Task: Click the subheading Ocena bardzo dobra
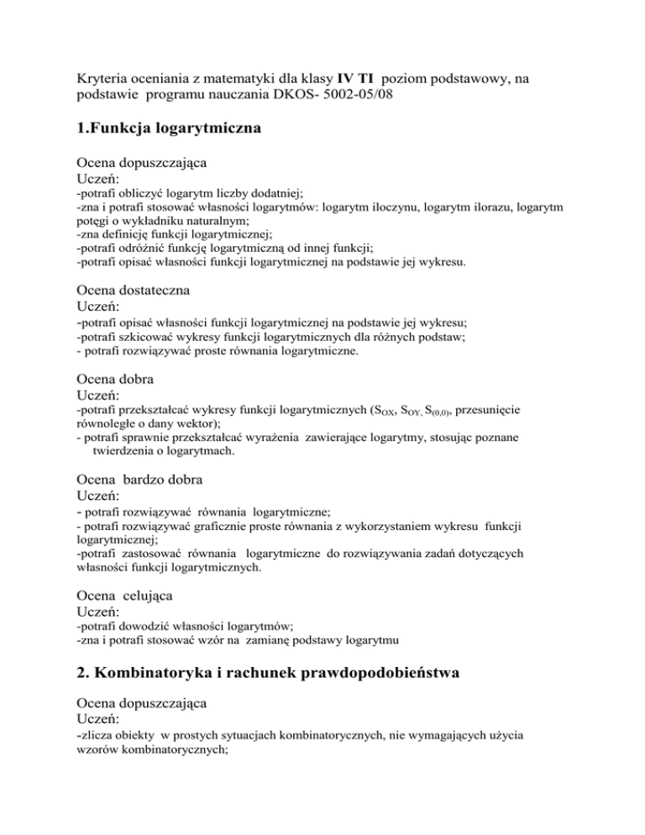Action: tap(137, 480)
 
